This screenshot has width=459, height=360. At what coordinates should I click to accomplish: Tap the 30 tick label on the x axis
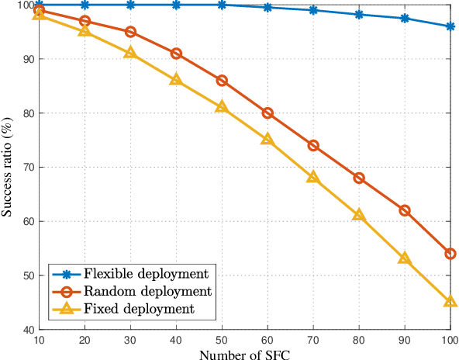pyautogui.click(x=130, y=339)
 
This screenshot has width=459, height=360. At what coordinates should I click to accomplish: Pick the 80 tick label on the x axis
pyautogui.click(x=358, y=339)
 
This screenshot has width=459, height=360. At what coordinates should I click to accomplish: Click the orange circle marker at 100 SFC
pyautogui.click(x=450, y=254)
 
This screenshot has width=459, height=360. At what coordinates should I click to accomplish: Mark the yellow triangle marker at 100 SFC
pyautogui.click(x=450, y=301)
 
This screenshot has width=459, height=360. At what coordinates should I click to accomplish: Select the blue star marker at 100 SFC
pyautogui.click(x=450, y=26)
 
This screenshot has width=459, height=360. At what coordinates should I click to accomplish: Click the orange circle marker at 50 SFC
pyautogui.click(x=222, y=81)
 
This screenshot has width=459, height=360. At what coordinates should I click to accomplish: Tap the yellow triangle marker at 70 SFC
pyautogui.click(x=313, y=177)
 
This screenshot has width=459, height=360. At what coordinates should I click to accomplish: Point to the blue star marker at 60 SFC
pyautogui.click(x=267, y=8)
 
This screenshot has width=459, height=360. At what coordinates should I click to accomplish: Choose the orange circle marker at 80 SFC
pyautogui.click(x=359, y=178)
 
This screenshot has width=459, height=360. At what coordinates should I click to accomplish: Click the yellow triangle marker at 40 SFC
pyautogui.click(x=176, y=80)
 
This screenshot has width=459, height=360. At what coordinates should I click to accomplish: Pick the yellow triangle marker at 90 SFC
pyautogui.click(x=404, y=258)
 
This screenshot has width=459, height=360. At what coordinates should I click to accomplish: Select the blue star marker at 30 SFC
pyautogui.click(x=130, y=5)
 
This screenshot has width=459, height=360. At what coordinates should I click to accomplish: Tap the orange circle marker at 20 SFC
pyautogui.click(x=85, y=21)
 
